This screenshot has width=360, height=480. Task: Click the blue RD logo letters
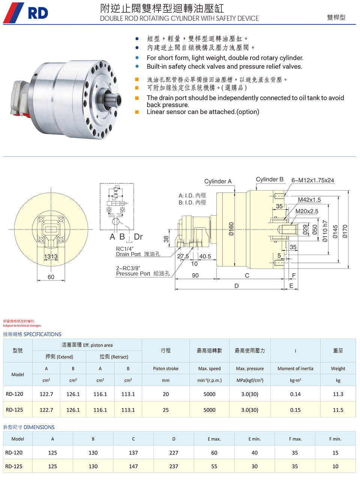coord(38,13)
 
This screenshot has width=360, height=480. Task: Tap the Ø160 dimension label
coord(231,229)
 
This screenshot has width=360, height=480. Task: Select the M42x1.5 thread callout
coord(309,199)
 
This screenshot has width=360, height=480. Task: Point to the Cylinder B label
coord(270,179)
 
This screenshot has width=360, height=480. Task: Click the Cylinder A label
coord(218,181)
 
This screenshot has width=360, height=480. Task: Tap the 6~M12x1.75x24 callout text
coord(313,180)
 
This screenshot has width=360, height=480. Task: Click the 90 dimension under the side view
coord(195,275)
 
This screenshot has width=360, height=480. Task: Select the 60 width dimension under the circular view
coord(51,277)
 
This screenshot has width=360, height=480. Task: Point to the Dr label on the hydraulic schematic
coord(138,237)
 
